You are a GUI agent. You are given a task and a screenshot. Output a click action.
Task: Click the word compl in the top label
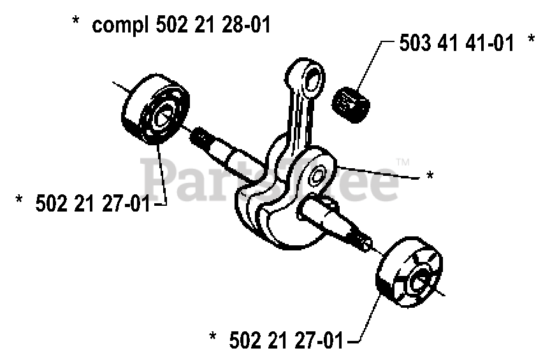click(x=118, y=27)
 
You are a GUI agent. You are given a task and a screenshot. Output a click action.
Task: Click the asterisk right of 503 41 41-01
click(x=531, y=41)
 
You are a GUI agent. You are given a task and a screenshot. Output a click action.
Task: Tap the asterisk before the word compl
click(x=76, y=23)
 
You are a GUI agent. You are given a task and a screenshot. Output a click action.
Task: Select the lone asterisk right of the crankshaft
click(x=430, y=175)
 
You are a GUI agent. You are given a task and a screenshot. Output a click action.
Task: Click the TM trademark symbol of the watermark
click(x=402, y=162)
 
